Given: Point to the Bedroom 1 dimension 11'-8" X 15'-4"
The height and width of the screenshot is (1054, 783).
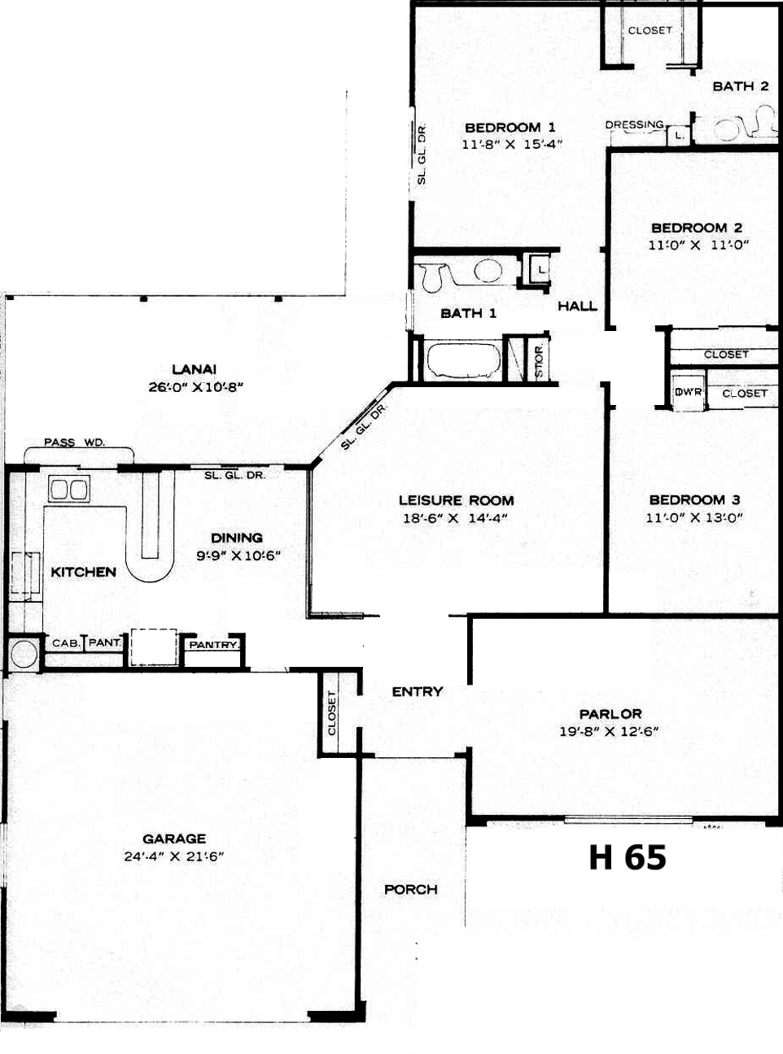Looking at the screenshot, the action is click(x=512, y=144).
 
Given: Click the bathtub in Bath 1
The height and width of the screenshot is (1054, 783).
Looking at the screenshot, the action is click(x=464, y=360).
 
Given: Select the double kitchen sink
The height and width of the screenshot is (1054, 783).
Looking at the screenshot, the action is click(x=69, y=490).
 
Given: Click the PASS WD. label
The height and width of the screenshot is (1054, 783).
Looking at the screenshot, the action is click(x=75, y=442).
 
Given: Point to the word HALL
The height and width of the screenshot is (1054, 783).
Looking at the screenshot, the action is click(x=578, y=306).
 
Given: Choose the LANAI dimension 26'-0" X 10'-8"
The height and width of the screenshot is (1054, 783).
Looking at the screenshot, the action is click(x=196, y=387).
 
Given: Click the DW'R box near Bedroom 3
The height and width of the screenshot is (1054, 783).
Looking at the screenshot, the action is click(x=689, y=393).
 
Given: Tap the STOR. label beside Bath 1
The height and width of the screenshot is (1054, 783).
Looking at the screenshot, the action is click(x=539, y=360).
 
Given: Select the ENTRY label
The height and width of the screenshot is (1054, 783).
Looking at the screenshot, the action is click(x=418, y=692).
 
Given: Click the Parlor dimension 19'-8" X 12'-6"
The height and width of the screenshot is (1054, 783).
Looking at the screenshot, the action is click(x=609, y=731).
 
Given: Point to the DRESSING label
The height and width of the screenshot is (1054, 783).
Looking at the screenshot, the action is click(x=635, y=124).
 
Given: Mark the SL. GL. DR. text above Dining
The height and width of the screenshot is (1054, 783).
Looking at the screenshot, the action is click(x=235, y=475).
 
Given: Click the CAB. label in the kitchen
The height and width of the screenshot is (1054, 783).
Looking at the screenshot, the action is click(x=66, y=643).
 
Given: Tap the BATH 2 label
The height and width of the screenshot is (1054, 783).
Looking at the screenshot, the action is click(x=741, y=86).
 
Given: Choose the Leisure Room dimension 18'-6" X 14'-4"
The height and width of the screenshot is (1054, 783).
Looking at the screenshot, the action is click(x=455, y=518).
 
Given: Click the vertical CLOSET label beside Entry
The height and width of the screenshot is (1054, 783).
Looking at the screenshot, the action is click(x=331, y=712).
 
